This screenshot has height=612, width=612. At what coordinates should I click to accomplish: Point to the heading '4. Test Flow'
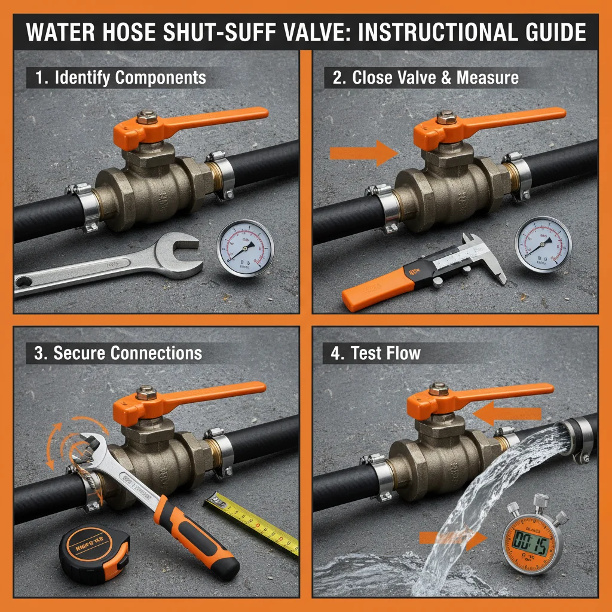(x=376, y=353)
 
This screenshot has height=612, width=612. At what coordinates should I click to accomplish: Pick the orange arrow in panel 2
(x=363, y=154)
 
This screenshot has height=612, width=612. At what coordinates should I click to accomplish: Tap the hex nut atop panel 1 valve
(x=146, y=117)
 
